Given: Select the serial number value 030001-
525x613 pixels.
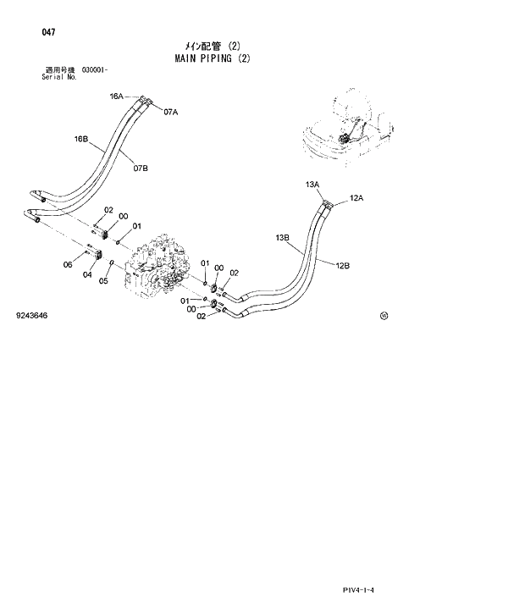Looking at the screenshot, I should click(x=95, y=69).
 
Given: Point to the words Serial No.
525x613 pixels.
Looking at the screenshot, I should click(x=59, y=76).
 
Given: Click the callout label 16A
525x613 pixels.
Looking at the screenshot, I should click(x=117, y=97).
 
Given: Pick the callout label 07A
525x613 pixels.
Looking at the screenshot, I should click(x=170, y=112).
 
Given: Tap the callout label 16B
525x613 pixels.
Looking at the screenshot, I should click(x=81, y=138).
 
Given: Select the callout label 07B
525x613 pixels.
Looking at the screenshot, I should click(x=141, y=168).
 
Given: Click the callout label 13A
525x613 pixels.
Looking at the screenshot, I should click(x=312, y=184).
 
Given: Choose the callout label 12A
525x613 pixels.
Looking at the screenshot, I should click(x=356, y=198).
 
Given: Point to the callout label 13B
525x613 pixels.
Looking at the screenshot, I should click(x=283, y=238).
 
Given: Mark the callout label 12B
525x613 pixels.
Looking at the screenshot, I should click(x=342, y=266).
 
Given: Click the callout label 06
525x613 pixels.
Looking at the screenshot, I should click(x=69, y=264).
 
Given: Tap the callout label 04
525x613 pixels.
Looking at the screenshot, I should click(x=87, y=273).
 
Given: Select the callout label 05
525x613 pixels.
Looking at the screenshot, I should click(x=104, y=282).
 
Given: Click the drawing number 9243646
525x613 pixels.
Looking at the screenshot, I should click(x=31, y=316).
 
